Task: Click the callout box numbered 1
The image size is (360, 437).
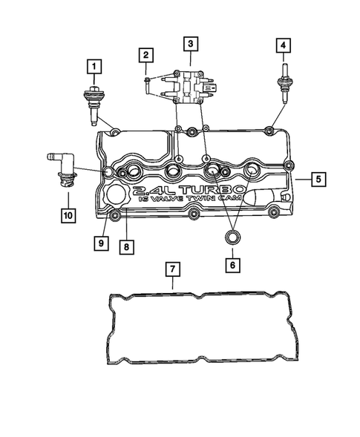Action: click(x=94, y=66)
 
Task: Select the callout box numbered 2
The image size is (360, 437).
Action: click(x=146, y=54)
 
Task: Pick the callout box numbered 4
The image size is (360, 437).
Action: click(x=283, y=46)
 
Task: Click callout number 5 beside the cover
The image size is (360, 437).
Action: click(x=318, y=179)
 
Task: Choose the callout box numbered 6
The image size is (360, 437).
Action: click(x=232, y=264)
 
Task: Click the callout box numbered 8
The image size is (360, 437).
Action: click(x=128, y=246)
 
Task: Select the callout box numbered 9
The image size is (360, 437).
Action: click(x=99, y=243)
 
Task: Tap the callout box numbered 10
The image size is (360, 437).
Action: click(x=68, y=216)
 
